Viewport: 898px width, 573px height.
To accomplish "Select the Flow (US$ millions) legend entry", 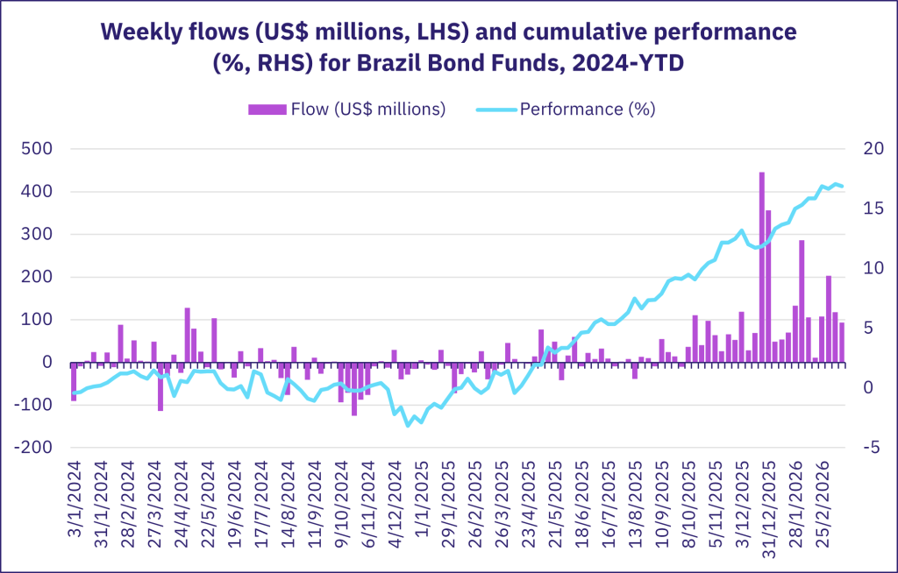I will click(347, 109).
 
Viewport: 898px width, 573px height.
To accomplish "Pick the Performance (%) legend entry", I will click(566, 109).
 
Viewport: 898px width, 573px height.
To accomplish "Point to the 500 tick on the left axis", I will click(38, 149).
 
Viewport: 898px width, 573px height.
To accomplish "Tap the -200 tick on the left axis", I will click(34, 448).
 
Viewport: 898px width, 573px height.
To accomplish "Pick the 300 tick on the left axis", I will click(38, 234).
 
